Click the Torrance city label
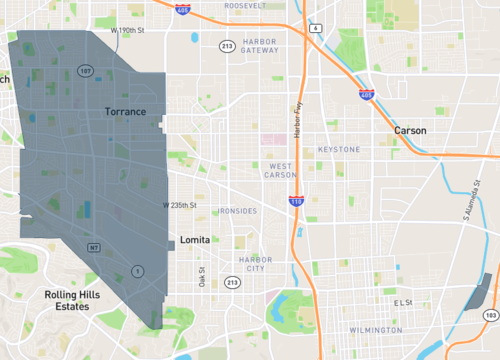[126, 112]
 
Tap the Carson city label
[410, 130]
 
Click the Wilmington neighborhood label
[376, 329]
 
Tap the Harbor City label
[254, 264]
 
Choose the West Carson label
[281, 171]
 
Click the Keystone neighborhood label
[338, 149]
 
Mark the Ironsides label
[237, 211]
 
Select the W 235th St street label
[181, 205]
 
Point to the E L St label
[403, 302]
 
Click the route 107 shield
[86, 71]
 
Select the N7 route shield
[93, 247]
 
